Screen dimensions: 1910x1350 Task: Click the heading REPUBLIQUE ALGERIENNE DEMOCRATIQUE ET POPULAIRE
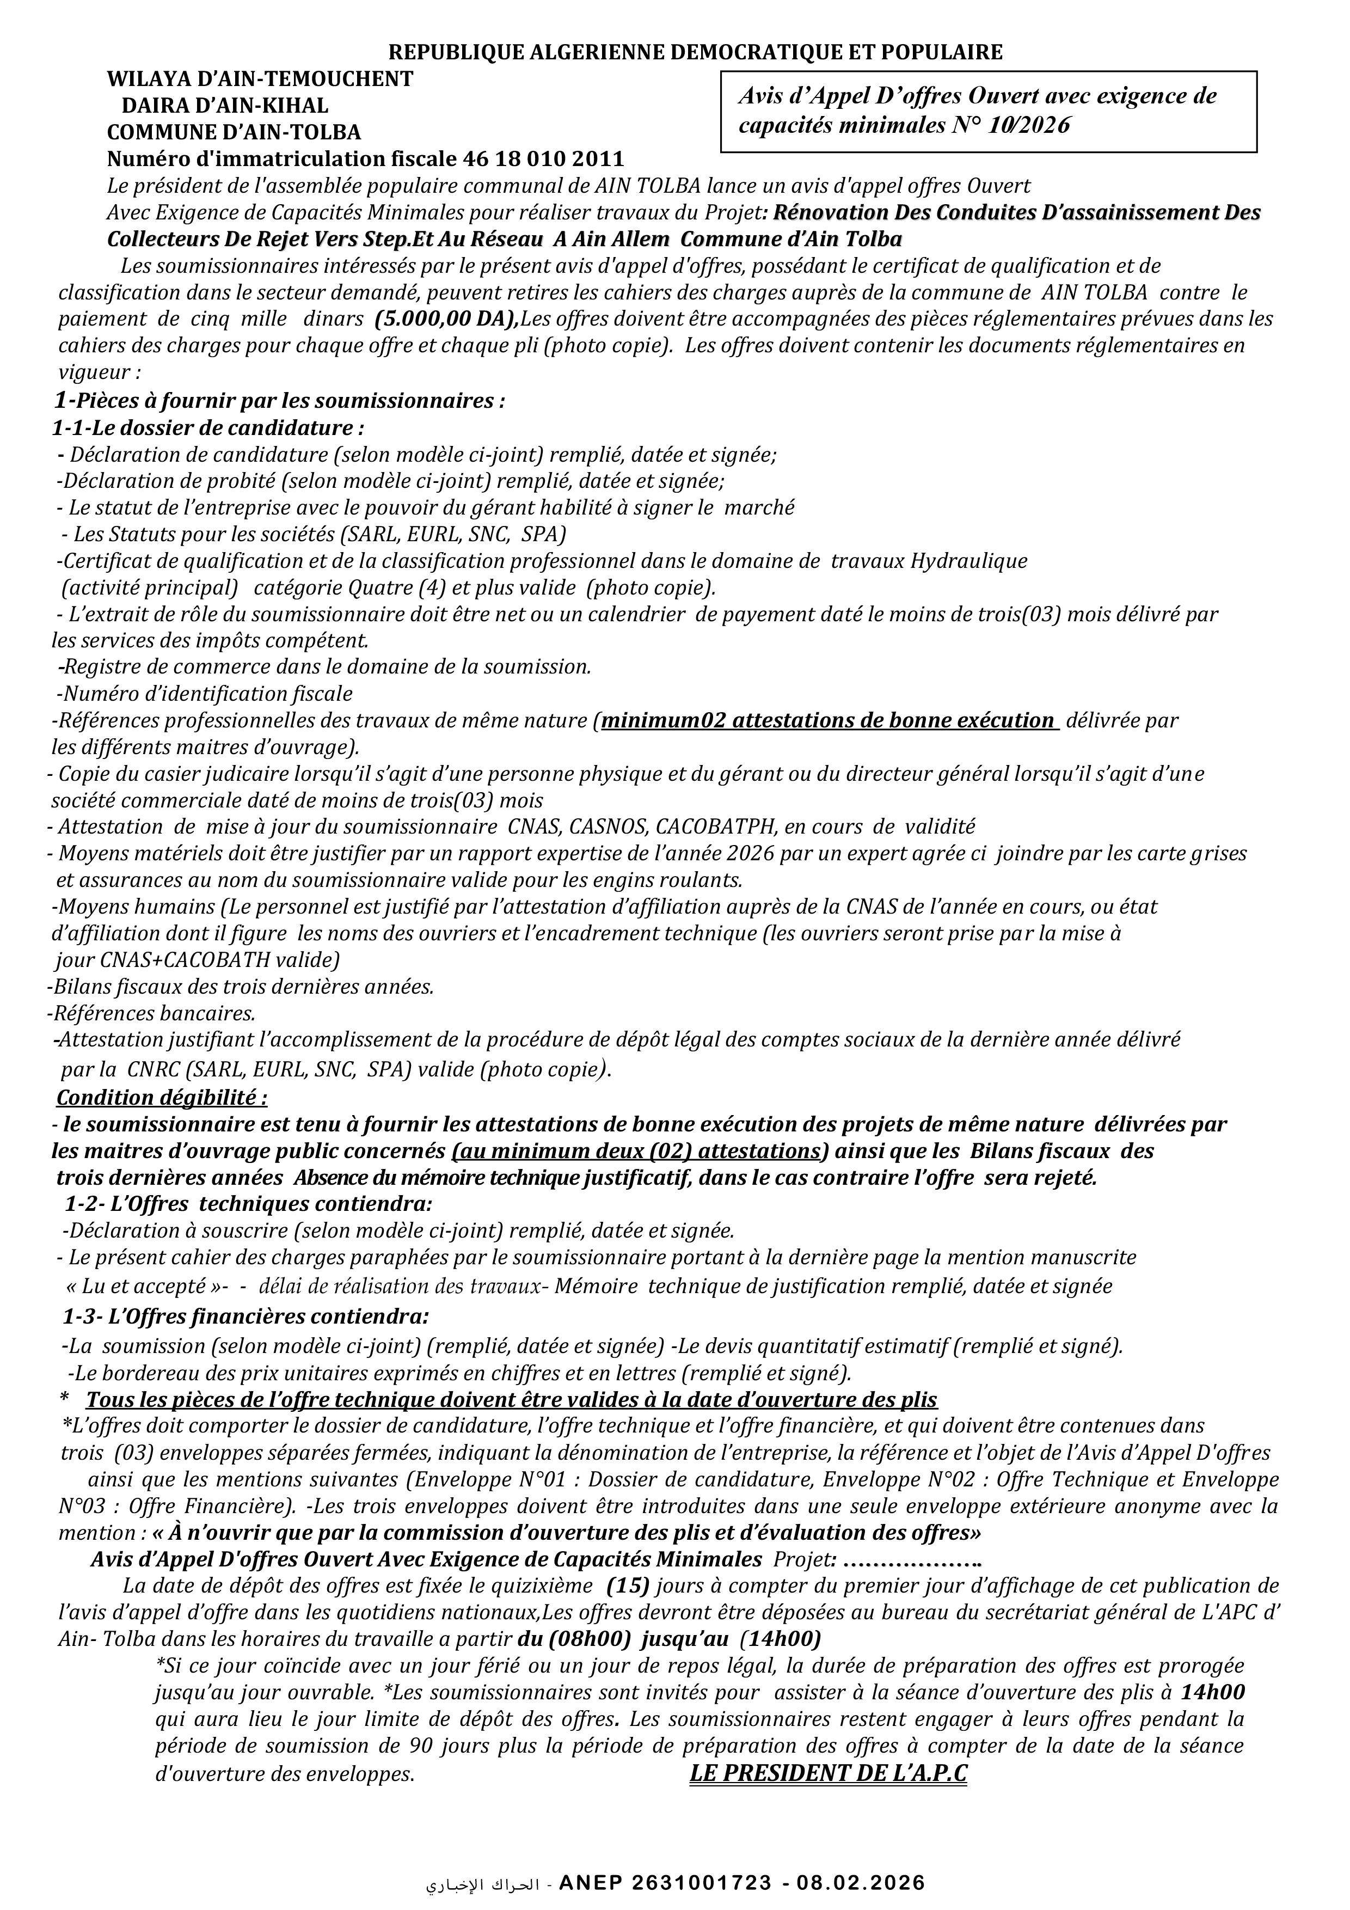[x=696, y=52]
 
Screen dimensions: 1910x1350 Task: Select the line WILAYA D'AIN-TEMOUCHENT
[x=260, y=79]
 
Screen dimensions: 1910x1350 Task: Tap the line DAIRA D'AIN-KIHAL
[x=225, y=106]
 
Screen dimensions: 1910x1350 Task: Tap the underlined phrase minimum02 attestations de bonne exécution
[x=827, y=720]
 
